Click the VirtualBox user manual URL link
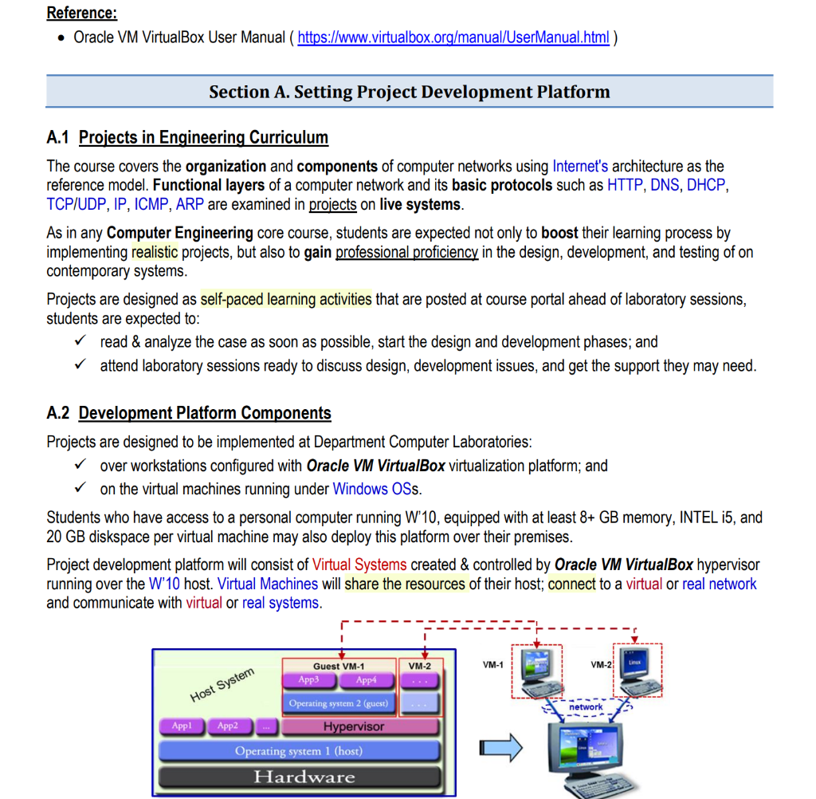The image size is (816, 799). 453,37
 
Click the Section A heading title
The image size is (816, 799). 409,92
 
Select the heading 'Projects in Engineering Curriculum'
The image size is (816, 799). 203,138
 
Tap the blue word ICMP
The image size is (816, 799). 151,204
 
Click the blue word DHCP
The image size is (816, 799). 708,185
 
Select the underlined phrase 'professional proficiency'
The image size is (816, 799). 406,252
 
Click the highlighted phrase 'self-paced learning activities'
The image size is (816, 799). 286,299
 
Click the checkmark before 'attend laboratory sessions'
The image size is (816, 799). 80,366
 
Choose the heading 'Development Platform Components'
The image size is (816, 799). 205,413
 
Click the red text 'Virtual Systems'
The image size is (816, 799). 359,565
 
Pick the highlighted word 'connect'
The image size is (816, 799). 571,584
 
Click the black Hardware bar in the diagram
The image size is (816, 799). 304,777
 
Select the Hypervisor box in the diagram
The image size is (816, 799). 354,726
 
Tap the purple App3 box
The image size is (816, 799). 308,680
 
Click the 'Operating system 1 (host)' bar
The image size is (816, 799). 299,751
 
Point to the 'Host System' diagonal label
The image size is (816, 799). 222,686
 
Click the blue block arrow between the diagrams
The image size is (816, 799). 501,748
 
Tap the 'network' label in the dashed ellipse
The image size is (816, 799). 586,707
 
